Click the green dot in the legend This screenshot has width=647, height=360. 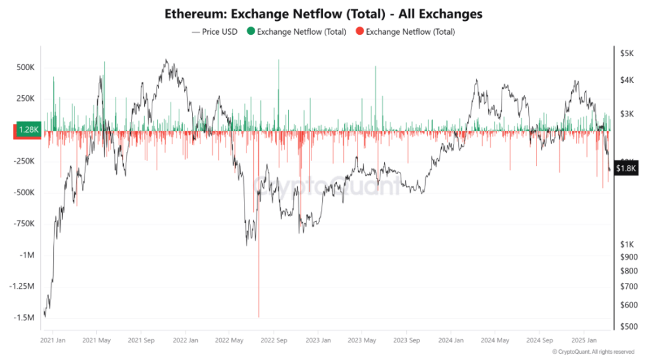pos(251,32)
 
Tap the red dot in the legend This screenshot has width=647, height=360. pos(360,32)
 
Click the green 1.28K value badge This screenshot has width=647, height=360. pos(29,130)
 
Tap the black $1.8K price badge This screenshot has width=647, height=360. pos(626,169)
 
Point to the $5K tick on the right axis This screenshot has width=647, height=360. pos(626,54)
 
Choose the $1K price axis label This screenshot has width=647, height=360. pos(626,244)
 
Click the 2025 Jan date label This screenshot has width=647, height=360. pos(584,340)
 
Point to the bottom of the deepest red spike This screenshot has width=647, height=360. pos(259,316)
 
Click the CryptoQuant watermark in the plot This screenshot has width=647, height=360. pos(327,186)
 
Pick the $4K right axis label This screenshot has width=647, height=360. pos(626,80)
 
